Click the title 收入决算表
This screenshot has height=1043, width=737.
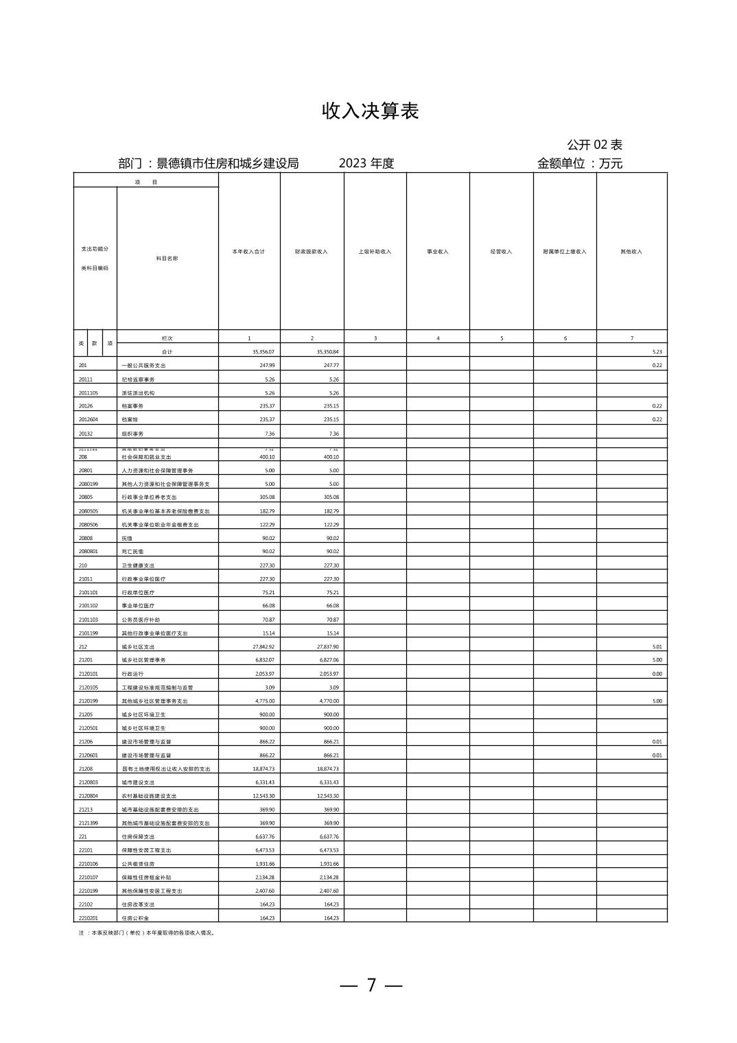pyautogui.click(x=370, y=112)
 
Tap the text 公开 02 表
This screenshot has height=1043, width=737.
pyautogui.click(x=594, y=145)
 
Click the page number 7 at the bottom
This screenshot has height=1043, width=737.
pyautogui.click(x=371, y=985)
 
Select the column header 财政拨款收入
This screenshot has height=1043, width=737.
pyautogui.click(x=312, y=252)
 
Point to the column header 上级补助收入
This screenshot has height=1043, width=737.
pyautogui.click(x=375, y=252)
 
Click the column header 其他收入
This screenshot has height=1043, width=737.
pyautogui.click(x=631, y=252)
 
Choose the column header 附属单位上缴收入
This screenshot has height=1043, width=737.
pyautogui.click(x=565, y=252)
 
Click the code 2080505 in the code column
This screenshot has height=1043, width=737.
pyautogui.click(x=89, y=511)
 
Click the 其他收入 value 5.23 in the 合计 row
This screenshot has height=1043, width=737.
pyautogui.click(x=657, y=352)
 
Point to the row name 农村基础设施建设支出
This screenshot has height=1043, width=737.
pyautogui.click(x=149, y=796)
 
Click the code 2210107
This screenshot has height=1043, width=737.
pyautogui.click(x=89, y=877)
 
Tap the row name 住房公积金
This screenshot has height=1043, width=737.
pyautogui.click(x=135, y=918)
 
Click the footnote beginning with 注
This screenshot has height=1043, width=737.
pyautogui.click(x=147, y=933)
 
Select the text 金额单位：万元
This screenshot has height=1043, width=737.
pyautogui.click(x=580, y=164)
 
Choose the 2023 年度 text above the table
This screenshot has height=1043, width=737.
pyautogui.click(x=366, y=164)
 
